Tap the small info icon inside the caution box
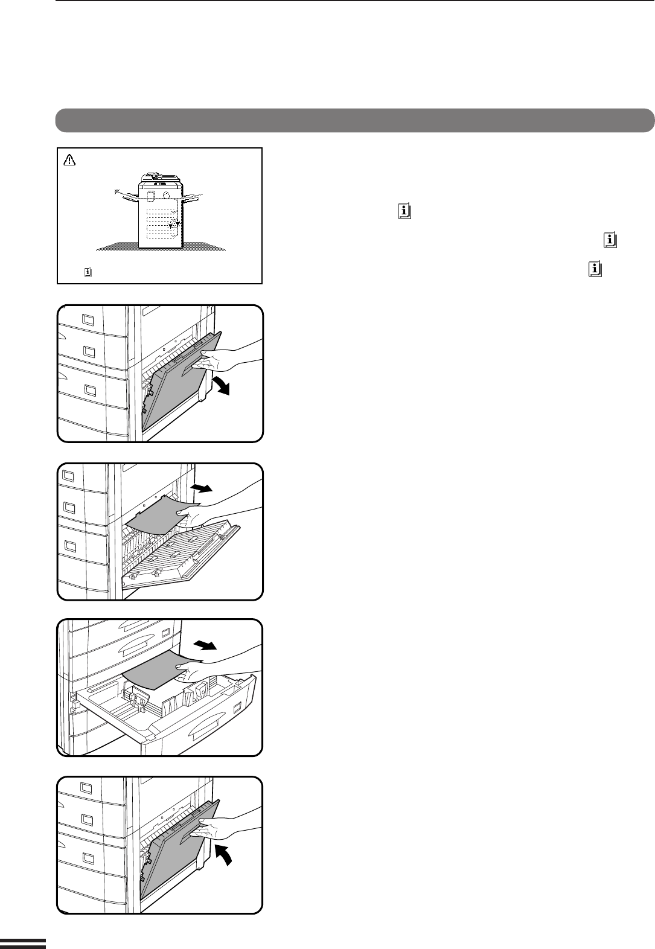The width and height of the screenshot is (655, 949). pyautogui.click(x=88, y=272)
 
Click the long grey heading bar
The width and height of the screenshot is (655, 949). pyautogui.click(x=355, y=120)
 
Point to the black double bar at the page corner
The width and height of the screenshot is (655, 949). pyautogui.click(x=23, y=943)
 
